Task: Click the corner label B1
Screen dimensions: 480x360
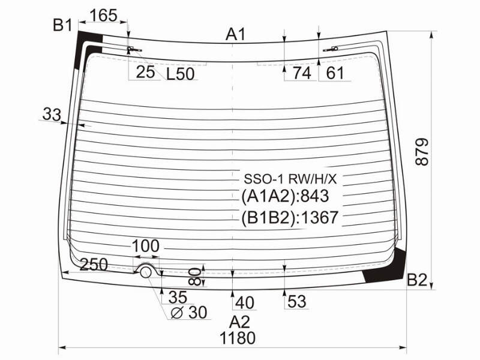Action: [x=62, y=25]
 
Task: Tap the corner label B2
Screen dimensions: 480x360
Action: [x=417, y=280]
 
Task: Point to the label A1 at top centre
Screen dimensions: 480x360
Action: [x=235, y=34]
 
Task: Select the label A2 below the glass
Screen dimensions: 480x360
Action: [x=239, y=322]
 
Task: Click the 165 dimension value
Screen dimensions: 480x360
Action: [x=104, y=16]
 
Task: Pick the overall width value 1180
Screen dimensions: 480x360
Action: [x=238, y=338]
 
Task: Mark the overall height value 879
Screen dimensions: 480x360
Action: [x=422, y=152]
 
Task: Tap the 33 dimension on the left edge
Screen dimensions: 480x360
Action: [x=52, y=114]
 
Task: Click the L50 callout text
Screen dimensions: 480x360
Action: [x=181, y=74]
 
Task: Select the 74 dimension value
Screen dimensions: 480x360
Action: [x=302, y=73]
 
